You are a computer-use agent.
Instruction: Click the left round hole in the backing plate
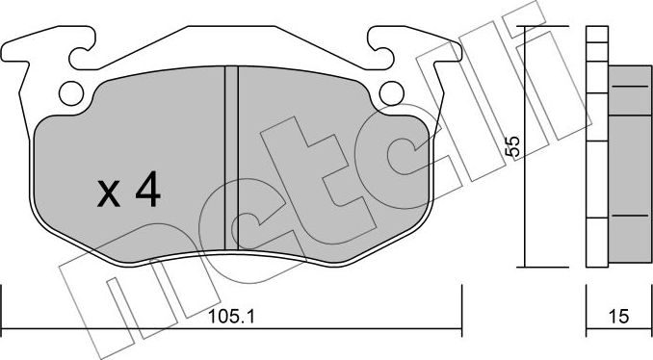(x=70, y=92)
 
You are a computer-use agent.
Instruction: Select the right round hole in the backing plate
(x=390, y=92)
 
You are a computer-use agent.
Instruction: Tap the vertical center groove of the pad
(x=231, y=159)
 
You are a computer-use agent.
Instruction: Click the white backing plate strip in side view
(x=595, y=144)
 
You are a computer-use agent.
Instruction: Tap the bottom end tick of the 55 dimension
(x=526, y=267)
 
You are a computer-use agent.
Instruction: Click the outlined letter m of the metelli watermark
(x=106, y=289)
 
